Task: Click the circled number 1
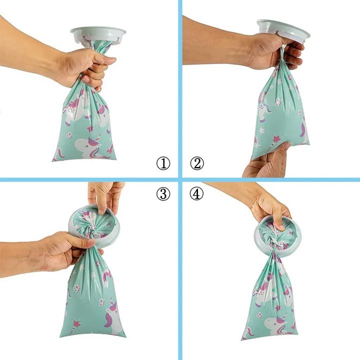tap(163, 163)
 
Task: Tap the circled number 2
tap(197, 163)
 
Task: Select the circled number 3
tap(163, 193)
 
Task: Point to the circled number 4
tap(196, 193)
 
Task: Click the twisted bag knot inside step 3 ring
tap(92, 232)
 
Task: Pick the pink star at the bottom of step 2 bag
tap(275, 139)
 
